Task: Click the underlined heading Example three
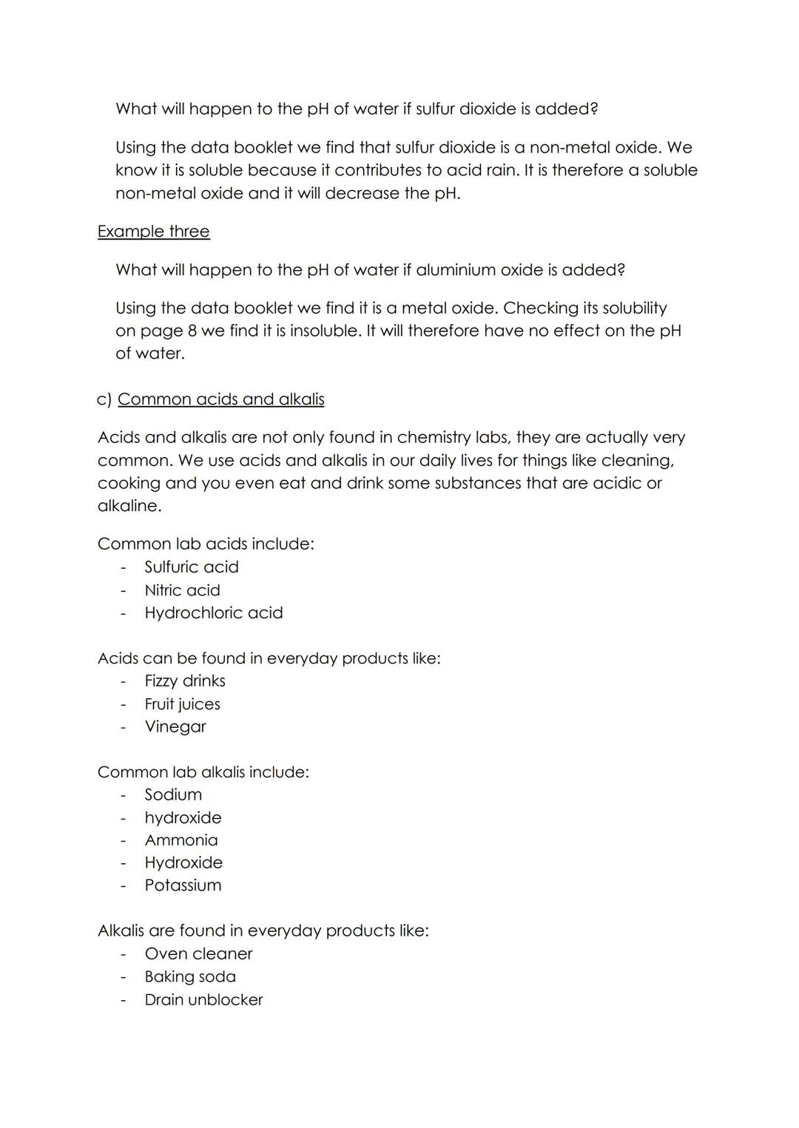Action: (153, 232)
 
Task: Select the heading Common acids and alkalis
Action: (220, 399)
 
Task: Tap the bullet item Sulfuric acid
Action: (192, 567)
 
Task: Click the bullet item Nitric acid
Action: (182, 590)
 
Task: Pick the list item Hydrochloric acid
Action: (214, 613)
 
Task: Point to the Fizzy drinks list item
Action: (185, 681)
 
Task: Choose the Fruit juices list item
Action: (182, 704)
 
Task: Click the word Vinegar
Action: (175, 727)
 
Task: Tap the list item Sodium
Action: (173, 795)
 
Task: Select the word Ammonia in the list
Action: (181, 840)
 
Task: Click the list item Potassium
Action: (183, 885)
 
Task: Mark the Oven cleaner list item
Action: (198, 954)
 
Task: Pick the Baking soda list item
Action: (190, 977)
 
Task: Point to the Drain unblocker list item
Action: (203, 1000)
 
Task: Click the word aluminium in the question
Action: (456, 270)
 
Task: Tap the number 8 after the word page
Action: (192, 331)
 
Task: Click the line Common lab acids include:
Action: (206, 544)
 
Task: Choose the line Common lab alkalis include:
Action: (203, 772)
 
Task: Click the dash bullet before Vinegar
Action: (124, 727)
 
